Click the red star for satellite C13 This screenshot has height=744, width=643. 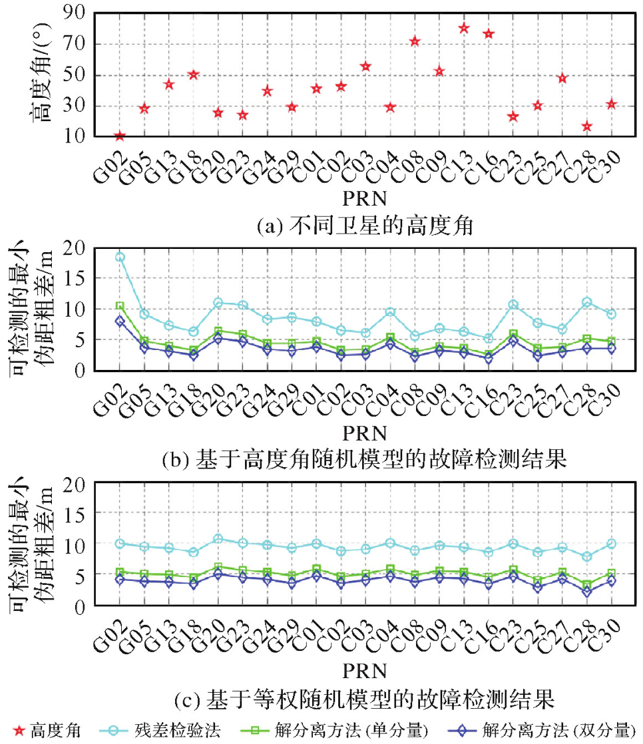pyautogui.click(x=463, y=28)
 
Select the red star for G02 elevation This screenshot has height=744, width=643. pyautogui.click(x=120, y=136)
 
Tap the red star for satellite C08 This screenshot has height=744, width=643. pyautogui.click(x=414, y=41)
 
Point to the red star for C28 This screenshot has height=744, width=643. pyautogui.click(x=586, y=126)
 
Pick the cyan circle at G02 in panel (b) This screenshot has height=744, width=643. pyautogui.click(x=120, y=257)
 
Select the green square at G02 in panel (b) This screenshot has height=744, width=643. pyautogui.click(x=120, y=306)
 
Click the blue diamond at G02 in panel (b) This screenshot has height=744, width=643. pyautogui.click(x=120, y=321)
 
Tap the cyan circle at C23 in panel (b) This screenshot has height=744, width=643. pyautogui.click(x=513, y=305)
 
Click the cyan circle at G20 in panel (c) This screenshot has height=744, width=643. pyautogui.click(x=218, y=539)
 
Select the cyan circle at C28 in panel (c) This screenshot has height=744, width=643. pyautogui.click(x=586, y=556)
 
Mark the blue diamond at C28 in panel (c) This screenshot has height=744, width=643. pyautogui.click(x=586, y=592)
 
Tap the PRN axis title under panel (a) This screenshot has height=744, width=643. pyautogui.click(x=364, y=198)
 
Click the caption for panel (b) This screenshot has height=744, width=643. pyautogui.click(x=364, y=460)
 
